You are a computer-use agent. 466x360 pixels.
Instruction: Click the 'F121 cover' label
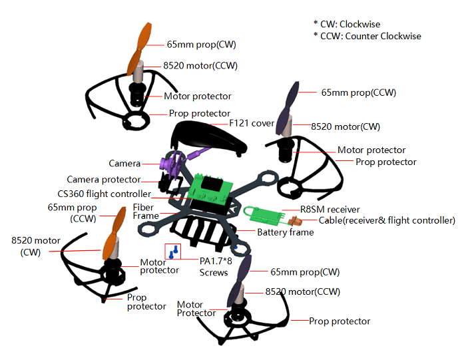252,123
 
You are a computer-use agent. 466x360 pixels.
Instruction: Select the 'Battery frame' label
285,232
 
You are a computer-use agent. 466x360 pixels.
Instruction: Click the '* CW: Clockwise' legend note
347,24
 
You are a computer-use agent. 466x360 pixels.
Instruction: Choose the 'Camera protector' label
104,180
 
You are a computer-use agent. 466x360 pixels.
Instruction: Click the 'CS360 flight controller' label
104,194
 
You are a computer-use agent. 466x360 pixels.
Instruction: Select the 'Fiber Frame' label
146,212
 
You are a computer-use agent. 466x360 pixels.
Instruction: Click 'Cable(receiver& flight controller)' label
377,220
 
